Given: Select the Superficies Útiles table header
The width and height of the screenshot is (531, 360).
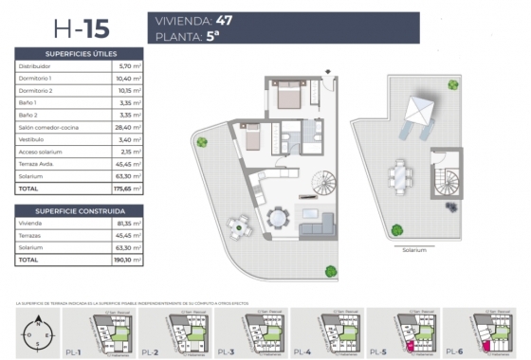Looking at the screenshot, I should pos(80,55).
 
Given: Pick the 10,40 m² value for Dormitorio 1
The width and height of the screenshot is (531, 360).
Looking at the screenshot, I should pos(129,79).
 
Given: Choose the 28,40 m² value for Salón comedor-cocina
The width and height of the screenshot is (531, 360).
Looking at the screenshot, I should pos(129,126).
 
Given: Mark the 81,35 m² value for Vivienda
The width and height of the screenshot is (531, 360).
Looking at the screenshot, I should pos(129,223).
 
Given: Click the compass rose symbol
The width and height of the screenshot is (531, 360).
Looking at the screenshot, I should pos(37,333).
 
